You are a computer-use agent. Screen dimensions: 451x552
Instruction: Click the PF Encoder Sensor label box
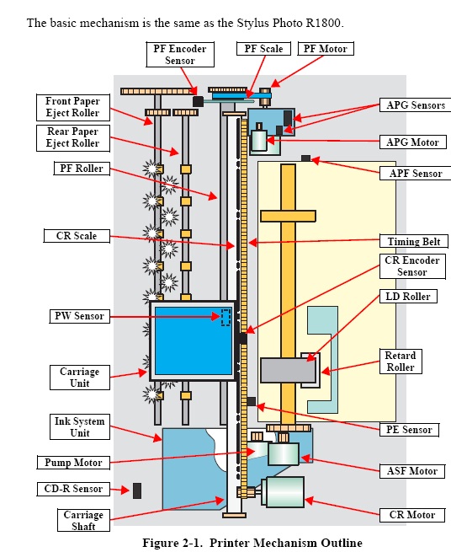click(180, 55)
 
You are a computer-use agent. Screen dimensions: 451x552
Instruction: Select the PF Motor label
click(326, 49)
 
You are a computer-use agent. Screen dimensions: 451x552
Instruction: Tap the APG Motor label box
click(412, 142)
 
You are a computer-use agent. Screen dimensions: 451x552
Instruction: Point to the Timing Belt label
click(414, 242)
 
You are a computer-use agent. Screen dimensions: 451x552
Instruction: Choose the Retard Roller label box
click(401, 362)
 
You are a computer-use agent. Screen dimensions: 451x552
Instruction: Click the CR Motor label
click(412, 515)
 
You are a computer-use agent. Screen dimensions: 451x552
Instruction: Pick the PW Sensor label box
click(79, 316)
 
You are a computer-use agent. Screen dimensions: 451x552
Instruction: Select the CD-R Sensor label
click(73, 489)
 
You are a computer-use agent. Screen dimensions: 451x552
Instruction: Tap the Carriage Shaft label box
click(83, 520)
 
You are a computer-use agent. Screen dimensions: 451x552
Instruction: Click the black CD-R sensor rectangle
click(137, 490)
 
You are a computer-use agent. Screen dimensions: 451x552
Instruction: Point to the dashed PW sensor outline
click(225, 317)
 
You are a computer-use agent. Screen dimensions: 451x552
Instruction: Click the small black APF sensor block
click(305, 158)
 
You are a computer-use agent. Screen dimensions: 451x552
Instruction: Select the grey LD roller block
click(288, 370)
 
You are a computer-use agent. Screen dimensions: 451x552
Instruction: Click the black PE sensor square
click(252, 401)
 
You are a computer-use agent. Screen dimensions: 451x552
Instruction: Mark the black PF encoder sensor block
click(198, 102)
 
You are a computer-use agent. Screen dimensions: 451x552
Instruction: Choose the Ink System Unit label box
click(80, 427)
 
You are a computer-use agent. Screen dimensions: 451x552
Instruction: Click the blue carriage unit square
click(193, 340)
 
